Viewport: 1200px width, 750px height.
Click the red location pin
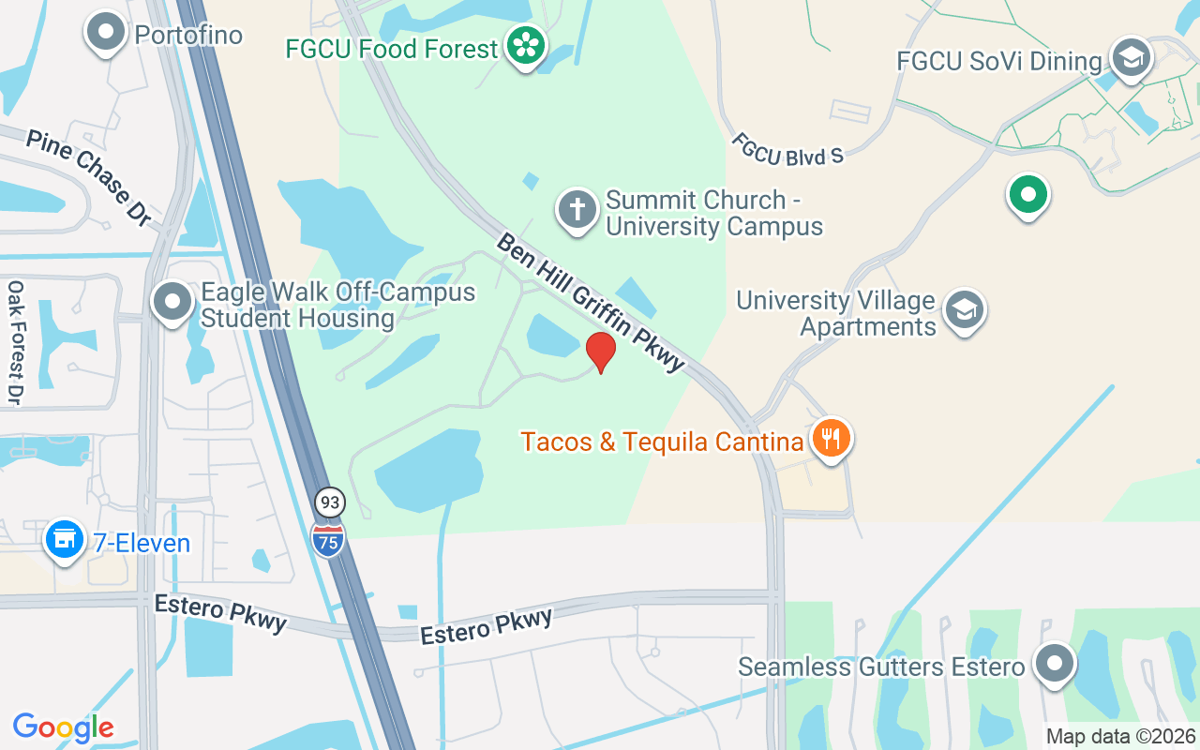coord(601,352)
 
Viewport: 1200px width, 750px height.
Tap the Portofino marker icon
coord(106,33)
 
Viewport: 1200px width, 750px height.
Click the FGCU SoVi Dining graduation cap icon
coord(1132,59)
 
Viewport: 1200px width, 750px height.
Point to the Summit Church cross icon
coord(577,211)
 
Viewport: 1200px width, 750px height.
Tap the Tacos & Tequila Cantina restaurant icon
coord(831,438)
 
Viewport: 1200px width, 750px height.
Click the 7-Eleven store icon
coord(65,541)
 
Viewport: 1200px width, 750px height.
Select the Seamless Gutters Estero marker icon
coord(1055,664)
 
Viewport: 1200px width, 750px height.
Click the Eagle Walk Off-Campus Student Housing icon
coord(172,303)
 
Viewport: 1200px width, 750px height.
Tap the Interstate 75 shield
coord(328,539)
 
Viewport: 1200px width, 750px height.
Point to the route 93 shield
coord(329,502)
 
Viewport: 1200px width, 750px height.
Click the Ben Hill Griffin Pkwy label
coord(591,301)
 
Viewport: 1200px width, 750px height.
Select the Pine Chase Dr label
coord(89,177)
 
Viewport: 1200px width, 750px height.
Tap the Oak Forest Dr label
coord(15,342)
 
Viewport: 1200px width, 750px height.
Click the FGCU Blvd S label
coord(787,150)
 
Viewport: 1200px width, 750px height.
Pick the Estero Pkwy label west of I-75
coord(220,613)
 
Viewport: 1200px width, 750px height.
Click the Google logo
coord(63,727)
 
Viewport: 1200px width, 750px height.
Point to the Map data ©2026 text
coord(1120,736)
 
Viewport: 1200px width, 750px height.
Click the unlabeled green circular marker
coord(1027,195)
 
